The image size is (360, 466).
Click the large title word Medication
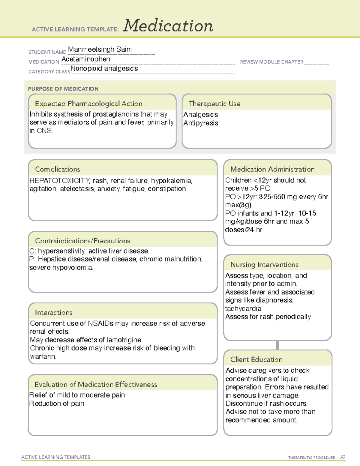[x=168, y=26]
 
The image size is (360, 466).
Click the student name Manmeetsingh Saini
[x=100, y=49]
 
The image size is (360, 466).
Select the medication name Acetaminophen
[x=86, y=59]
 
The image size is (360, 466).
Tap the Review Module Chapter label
[x=271, y=62]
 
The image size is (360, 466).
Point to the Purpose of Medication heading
[x=63, y=89]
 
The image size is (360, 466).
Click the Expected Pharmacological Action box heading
[x=88, y=104]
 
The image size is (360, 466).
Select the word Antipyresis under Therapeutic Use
[x=201, y=123]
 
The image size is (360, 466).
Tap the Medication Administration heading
[x=272, y=169]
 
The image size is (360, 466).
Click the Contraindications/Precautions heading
[x=82, y=241]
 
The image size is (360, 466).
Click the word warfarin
[x=43, y=356]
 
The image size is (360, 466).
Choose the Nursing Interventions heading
[x=264, y=265]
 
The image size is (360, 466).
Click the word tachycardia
[x=244, y=308]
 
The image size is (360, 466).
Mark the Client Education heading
[x=256, y=359]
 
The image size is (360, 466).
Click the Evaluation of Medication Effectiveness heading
[x=96, y=384]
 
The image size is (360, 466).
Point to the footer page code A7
[x=343, y=457]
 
